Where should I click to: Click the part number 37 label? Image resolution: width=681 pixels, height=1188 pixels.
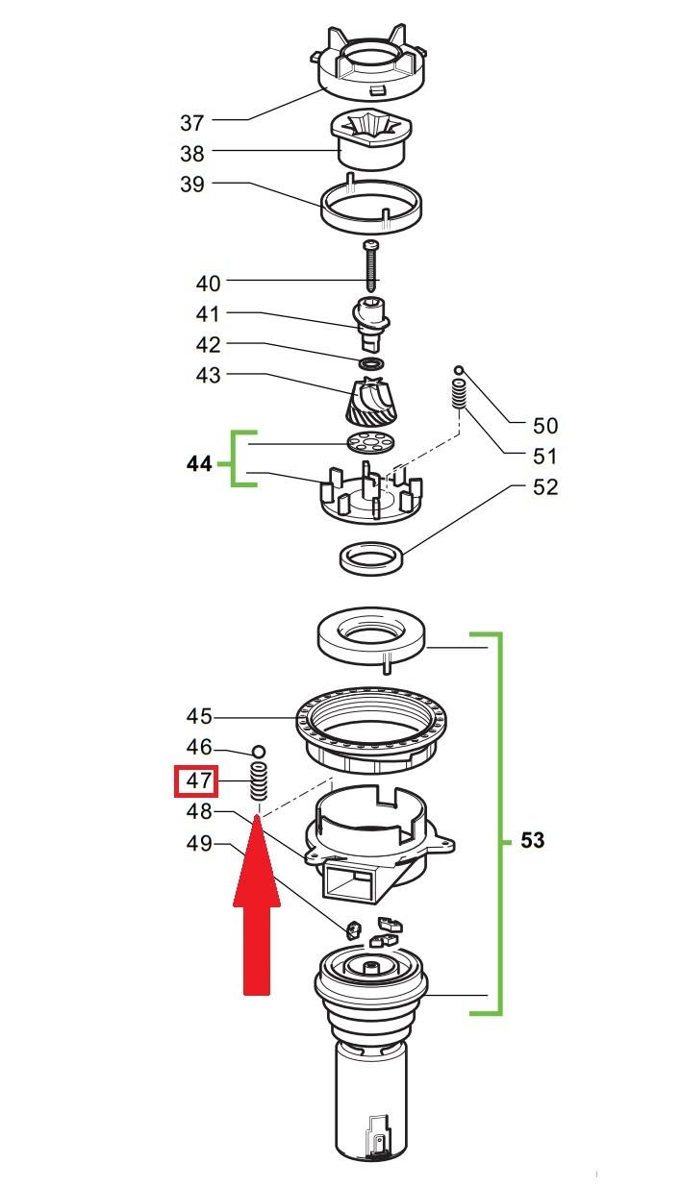pos(192,123)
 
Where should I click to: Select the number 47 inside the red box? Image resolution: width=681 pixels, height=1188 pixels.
pos(198,781)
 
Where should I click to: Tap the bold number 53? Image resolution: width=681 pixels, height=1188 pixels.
pos(532,840)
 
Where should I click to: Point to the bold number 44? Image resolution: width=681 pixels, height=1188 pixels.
pos(199,464)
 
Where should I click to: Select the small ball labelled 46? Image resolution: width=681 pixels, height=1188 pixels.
pos(259,752)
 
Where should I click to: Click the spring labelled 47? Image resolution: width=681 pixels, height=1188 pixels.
pos(258,782)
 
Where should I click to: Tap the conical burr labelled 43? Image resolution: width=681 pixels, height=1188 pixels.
pos(369,401)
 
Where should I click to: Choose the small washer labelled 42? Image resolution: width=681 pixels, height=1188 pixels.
pos(371,364)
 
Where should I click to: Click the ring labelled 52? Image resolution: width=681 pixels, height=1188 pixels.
pos(371,557)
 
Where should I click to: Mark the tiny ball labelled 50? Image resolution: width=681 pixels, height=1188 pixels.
pos(459,370)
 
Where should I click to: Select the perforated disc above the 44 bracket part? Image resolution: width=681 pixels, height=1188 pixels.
pos(371,442)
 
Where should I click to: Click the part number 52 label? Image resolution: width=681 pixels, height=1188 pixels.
pos(545,487)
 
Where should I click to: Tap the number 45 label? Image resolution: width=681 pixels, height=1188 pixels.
pos(199,716)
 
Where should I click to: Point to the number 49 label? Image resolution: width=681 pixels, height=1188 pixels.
pos(199,843)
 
